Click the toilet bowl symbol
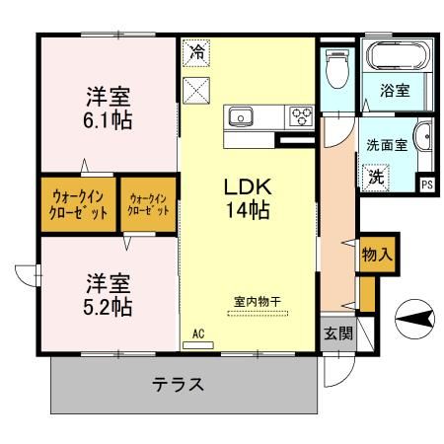(x=337, y=69)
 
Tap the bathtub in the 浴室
(x=398, y=56)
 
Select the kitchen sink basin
(x=241, y=116)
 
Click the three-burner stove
(x=302, y=116)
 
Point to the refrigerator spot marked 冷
(x=196, y=52)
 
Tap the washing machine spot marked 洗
(x=376, y=178)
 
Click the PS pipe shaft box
(x=427, y=185)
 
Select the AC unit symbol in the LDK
(x=198, y=345)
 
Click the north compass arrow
(x=414, y=319)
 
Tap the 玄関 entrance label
(x=338, y=333)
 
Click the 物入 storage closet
(x=377, y=254)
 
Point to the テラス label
(x=178, y=384)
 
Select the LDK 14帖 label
(x=248, y=198)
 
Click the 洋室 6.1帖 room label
(x=108, y=108)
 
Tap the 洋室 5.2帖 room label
(x=108, y=295)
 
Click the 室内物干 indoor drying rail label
(x=258, y=301)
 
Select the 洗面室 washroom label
(x=387, y=145)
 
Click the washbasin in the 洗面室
(x=424, y=136)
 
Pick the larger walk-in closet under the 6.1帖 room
(x=78, y=204)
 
